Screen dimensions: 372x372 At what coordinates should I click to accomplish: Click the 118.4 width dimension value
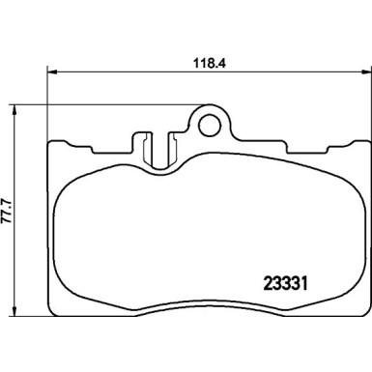pyautogui.click(x=208, y=58)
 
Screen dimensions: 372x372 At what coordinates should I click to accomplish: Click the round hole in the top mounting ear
pyautogui.click(x=210, y=123)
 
